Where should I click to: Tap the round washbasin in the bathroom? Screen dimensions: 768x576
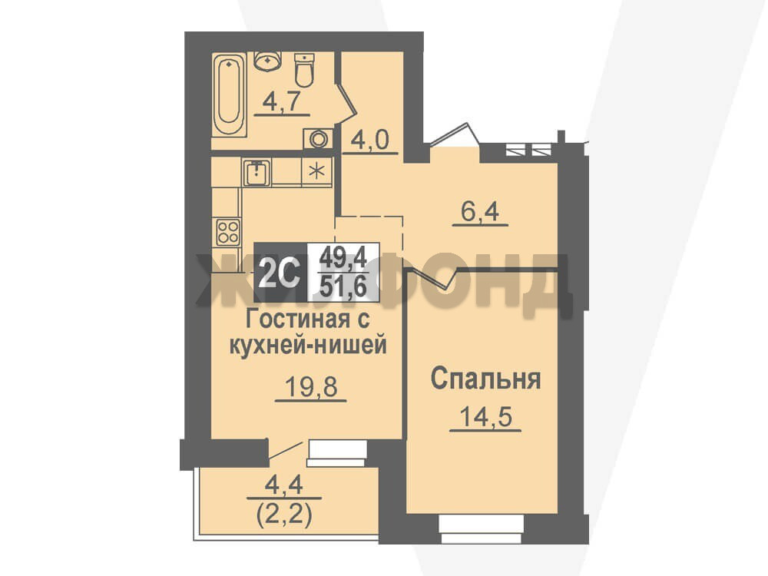pyautogui.click(x=267, y=61)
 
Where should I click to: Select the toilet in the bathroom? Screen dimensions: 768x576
pyautogui.click(x=304, y=70)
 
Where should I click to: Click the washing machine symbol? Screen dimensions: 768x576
pyautogui.click(x=318, y=138)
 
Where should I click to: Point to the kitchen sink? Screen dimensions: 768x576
pyautogui.click(x=257, y=172)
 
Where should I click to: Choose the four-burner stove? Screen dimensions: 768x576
pyautogui.click(x=228, y=232)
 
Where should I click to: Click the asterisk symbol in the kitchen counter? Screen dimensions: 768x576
pyautogui.click(x=317, y=171)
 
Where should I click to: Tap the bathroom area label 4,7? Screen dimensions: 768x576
pyautogui.click(x=282, y=103)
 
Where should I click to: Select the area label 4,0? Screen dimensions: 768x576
pyautogui.click(x=369, y=140)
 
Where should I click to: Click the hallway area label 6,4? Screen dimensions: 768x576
pyautogui.click(x=479, y=212)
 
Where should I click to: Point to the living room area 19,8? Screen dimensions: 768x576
pyautogui.click(x=311, y=387)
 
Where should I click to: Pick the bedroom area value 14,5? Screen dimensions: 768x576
pyautogui.click(x=485, y=417)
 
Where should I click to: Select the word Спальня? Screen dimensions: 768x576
pyautogui.click(x=485, y=379)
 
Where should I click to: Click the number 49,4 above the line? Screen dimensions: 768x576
pyautogui.click(x=343, y=257)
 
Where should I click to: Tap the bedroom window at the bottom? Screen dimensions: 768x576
pyautogui.click(x=482, y=529)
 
